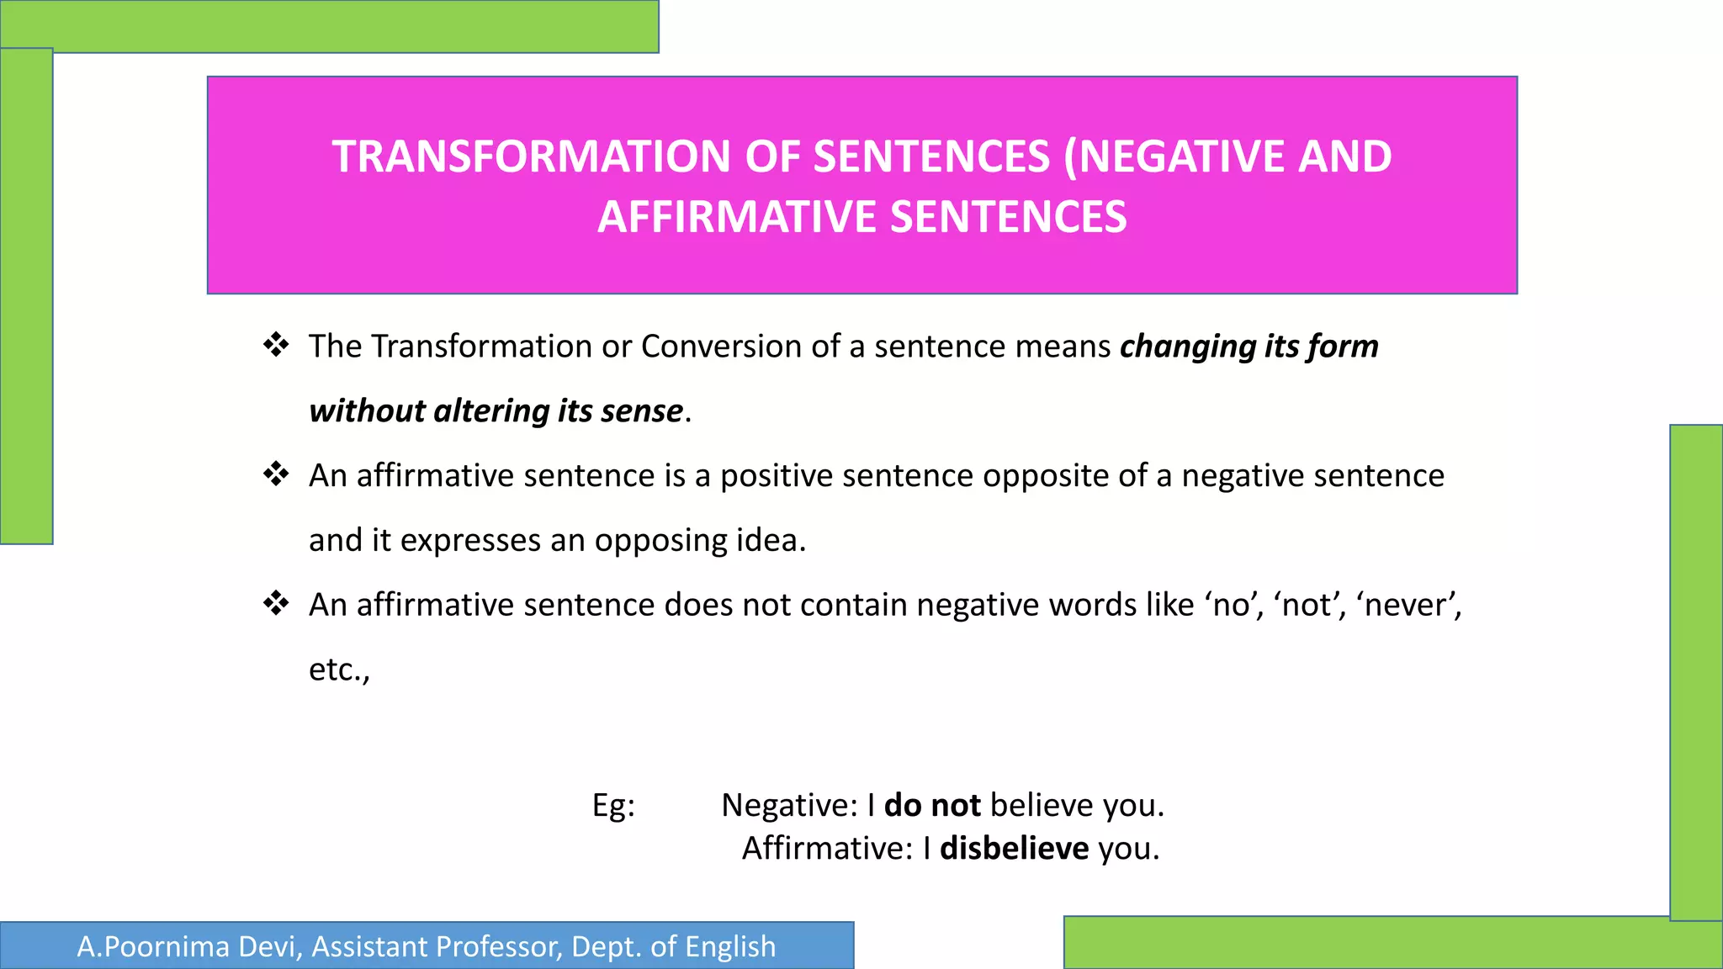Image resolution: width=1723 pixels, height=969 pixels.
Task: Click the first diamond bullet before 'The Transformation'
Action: pyautogui.click(x=276, y=345)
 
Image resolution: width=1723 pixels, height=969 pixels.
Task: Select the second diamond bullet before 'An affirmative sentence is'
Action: pyautogui.click(x=276, y=474)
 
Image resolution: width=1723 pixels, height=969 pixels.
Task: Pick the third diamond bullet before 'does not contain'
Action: pyautogui.click(x=276, y=603)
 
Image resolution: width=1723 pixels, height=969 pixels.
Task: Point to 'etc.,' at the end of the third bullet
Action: pyautogui.click(x=339, y=670)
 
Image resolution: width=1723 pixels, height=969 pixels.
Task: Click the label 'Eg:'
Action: pyautogui.click(x=613, y=806)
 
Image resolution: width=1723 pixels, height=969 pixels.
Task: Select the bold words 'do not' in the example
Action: pyautogui.click(x=932, y=806)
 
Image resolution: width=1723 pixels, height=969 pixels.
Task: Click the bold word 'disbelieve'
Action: pyautogui.click(x=1014, y=849)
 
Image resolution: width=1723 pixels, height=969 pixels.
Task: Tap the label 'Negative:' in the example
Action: pyautogui.click(x=789, y=806)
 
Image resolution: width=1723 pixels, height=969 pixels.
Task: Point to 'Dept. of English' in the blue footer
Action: pyautogui.click(x=673, y=947)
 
